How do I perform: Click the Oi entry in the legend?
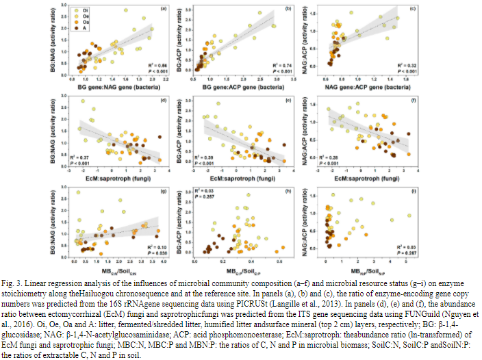tap(85, 10)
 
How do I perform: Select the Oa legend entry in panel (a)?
tap(85, 23)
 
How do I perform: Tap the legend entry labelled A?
tap(84, 29)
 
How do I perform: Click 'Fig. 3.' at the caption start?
tap(12, 284)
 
